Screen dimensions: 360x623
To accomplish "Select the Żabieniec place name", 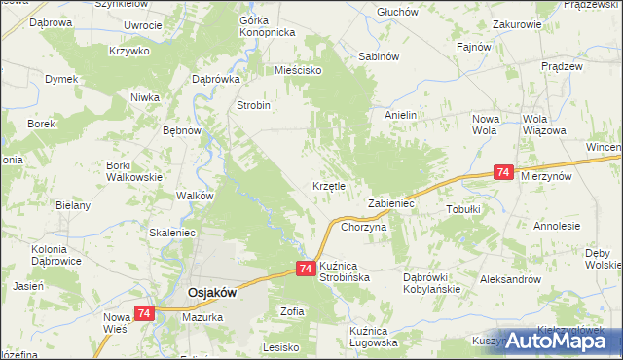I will pyautogui.click(x=391, y=204).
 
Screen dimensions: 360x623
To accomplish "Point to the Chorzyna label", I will pyautogui.click(x=364, y=227).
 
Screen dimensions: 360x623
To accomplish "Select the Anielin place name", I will pyautogui.click(x=400, y=115).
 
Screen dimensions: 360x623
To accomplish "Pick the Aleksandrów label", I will pyautogui.click(x=510, y=279).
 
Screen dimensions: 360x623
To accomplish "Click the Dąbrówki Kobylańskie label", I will pyautogui.click(x=431, y=283).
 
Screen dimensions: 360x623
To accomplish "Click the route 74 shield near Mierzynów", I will pyautogui.click(x=503, y=172).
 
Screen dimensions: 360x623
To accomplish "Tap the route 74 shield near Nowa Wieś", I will pyautogui.click(x=144, y=313).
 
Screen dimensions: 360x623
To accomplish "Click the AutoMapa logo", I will pyautogui.click(x=562, y=342).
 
